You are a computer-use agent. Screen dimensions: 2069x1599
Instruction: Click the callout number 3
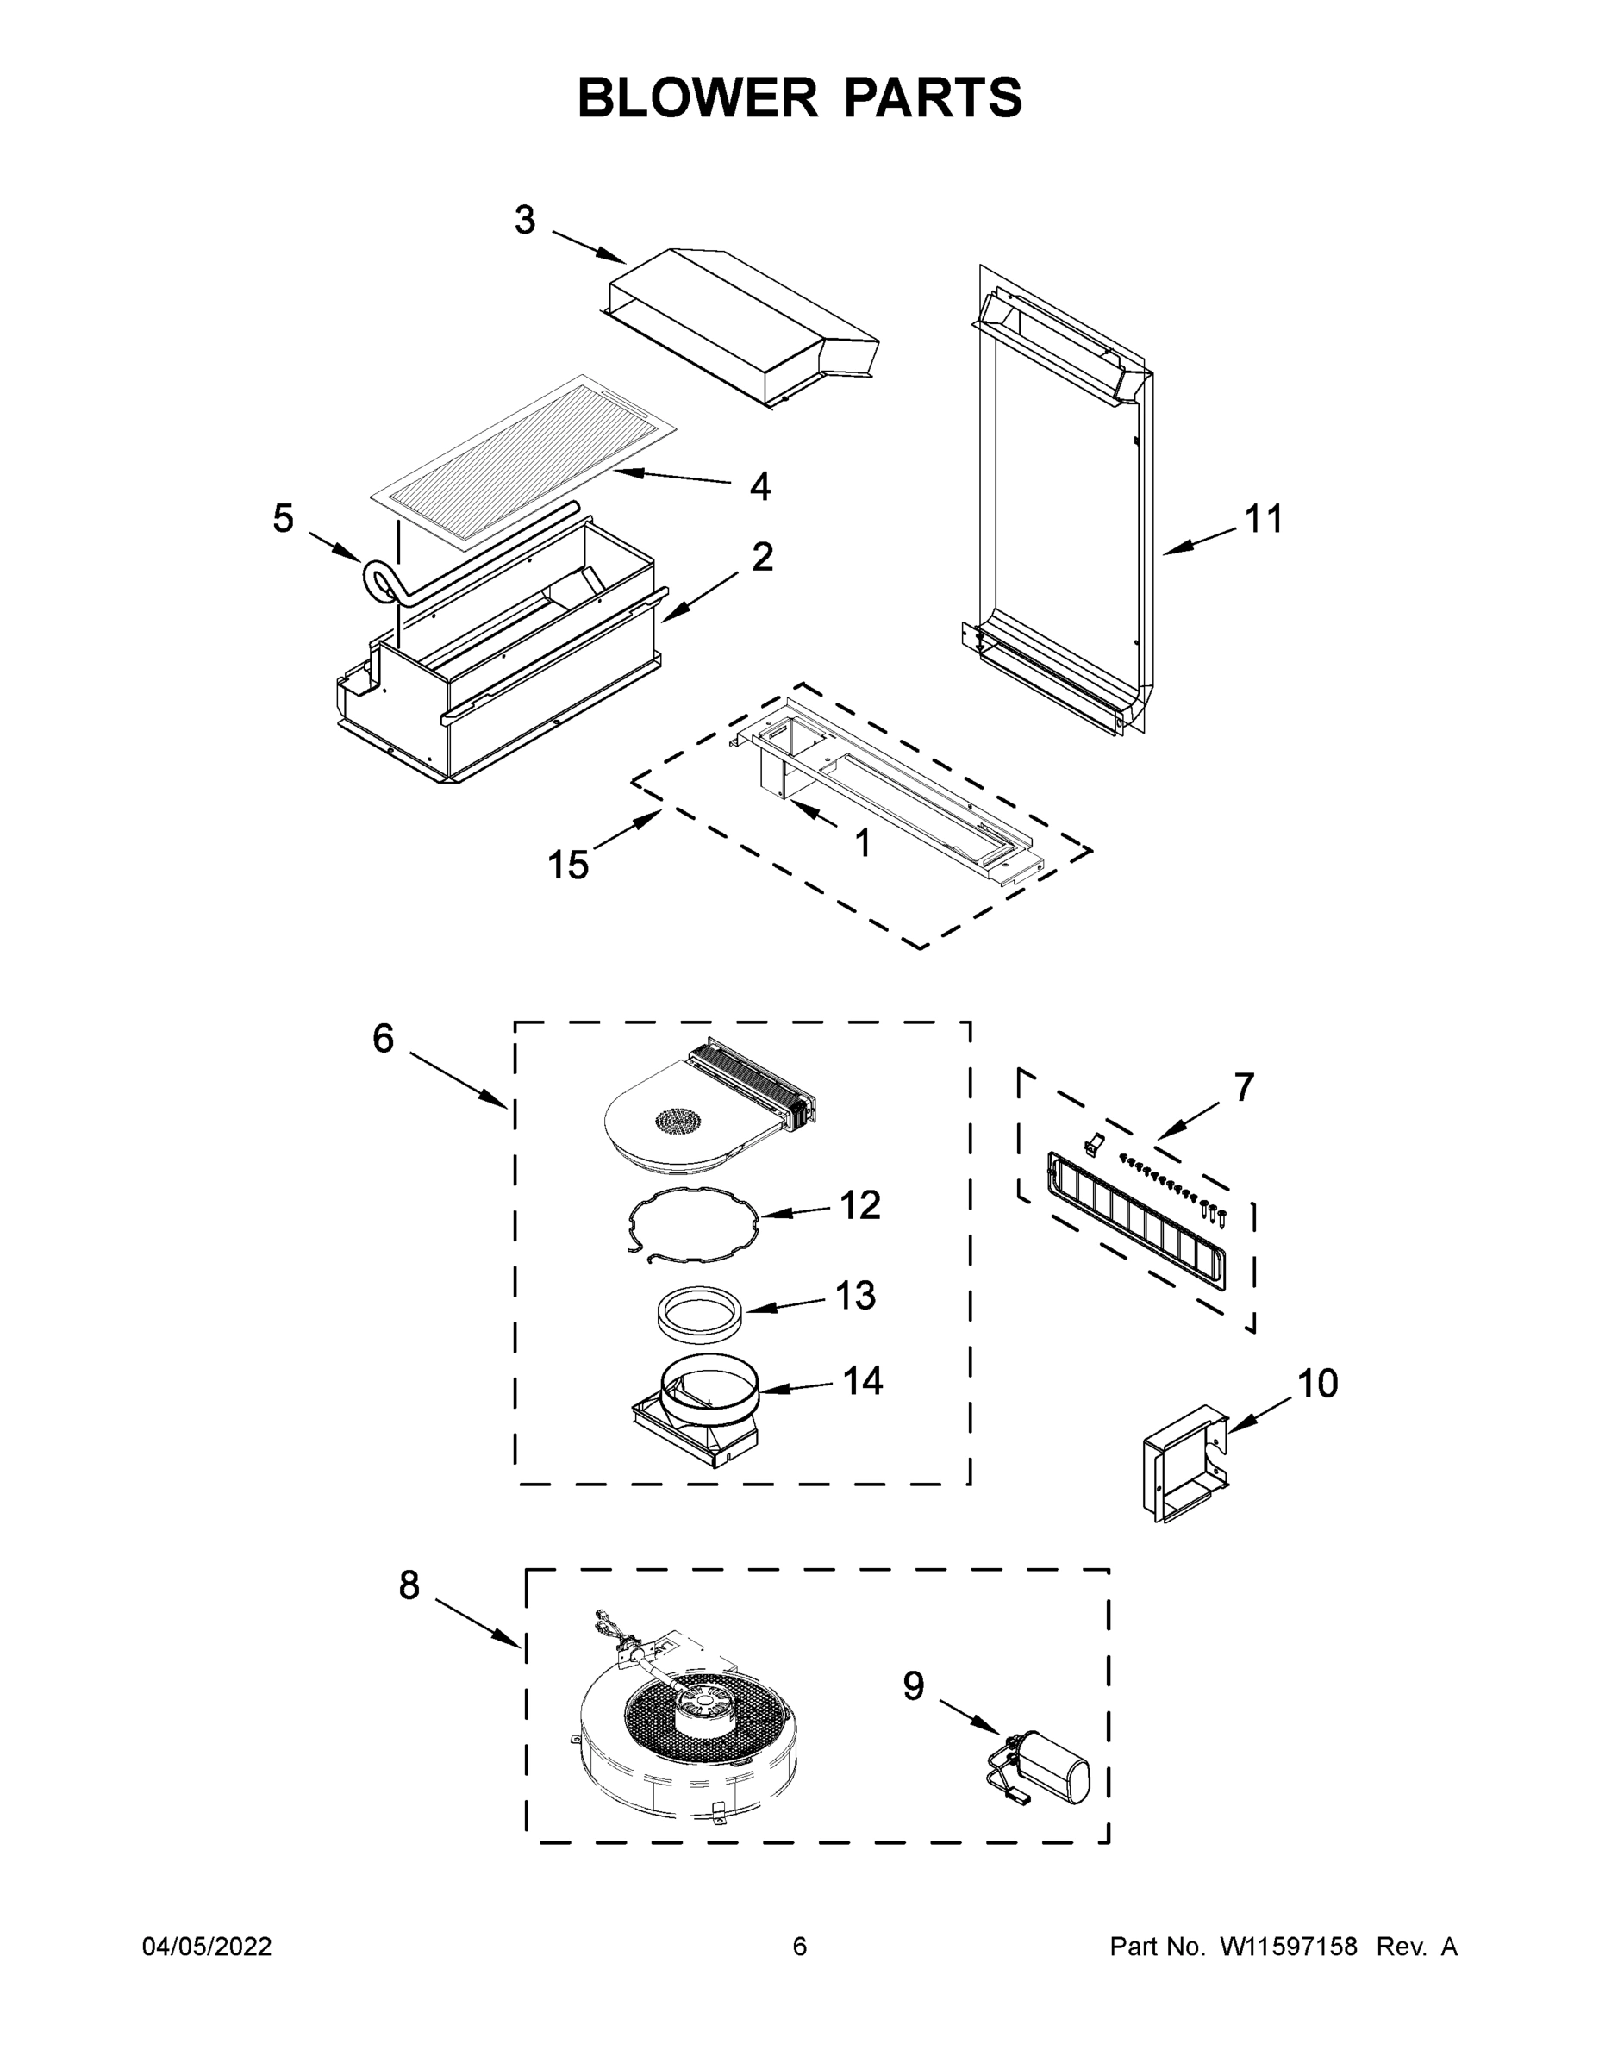pos(525,220)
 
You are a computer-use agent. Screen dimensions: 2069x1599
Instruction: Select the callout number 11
pos(1263,519)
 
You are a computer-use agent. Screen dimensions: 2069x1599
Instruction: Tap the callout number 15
pos(568,864)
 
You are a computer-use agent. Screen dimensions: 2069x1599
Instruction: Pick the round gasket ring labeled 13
pos(700,1313)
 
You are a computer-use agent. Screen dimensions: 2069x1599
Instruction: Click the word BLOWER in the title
pos(696,97)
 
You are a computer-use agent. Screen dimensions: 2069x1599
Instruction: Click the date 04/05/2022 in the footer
pos(207,1947)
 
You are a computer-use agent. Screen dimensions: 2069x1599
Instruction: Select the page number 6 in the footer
pos(800,1947)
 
